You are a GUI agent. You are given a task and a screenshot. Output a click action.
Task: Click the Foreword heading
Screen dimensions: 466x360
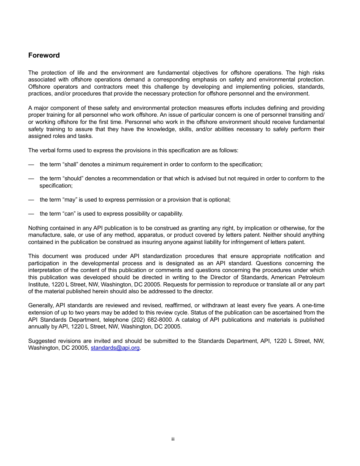click(44, 55)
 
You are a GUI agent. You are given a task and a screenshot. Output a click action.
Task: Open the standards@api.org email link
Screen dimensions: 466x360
click(115, 348)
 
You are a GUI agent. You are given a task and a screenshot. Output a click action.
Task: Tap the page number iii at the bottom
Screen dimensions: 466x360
click(172, 439)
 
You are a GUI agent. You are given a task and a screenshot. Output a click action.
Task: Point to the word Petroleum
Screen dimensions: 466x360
click(310, 277)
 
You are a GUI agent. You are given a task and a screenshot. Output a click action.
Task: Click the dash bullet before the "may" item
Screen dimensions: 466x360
click(31, 200)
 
